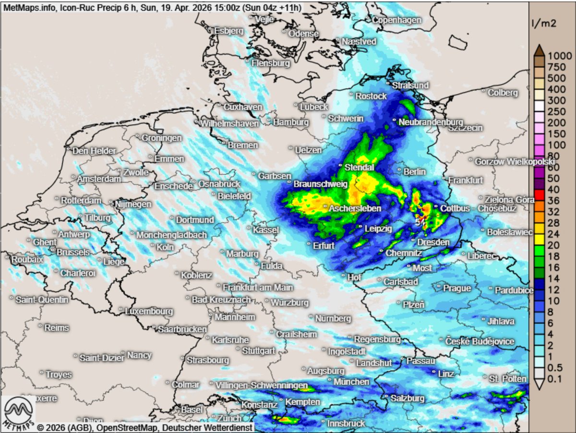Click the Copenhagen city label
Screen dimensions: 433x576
click(397, 20)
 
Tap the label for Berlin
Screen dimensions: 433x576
click(415, 172)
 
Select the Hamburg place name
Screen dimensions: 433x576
click(291, 123)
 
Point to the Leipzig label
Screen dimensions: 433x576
click(379, 229)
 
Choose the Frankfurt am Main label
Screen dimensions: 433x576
click(258, 288)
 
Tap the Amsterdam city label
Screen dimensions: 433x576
click(99, 179)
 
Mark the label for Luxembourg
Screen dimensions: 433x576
click(149, 312)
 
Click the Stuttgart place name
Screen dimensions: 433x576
click(259, 351)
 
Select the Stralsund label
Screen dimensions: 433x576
click(410, 85)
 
